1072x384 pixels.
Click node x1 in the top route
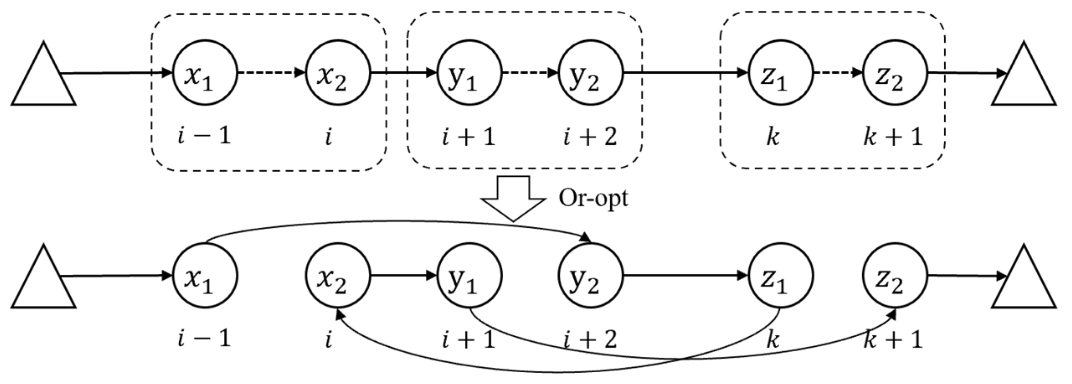(205, 73)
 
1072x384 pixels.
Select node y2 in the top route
(591, 73)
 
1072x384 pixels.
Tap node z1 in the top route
(781, 73)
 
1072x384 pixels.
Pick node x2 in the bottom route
(337, 276)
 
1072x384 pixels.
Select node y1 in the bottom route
(469, 276)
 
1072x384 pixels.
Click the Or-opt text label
(593, 198)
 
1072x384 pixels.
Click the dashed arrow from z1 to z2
(838, 73)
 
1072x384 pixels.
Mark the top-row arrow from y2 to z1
(685, 73)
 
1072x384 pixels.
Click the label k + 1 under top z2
(893, 137)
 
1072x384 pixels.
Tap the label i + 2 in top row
(590, 137)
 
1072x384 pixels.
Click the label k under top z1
(773, 137)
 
